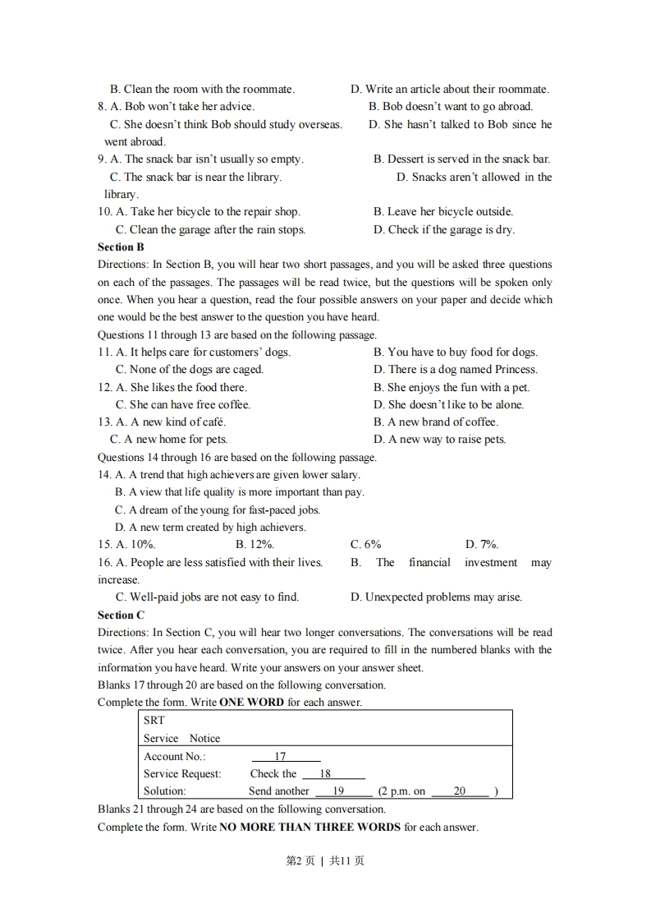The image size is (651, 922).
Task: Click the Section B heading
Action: point(121,247)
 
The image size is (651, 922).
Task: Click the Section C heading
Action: point(121,615)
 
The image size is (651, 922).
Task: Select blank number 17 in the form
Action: point(281,756)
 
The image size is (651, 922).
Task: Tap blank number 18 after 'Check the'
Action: point(325,773)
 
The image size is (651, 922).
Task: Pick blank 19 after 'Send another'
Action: point(338,791)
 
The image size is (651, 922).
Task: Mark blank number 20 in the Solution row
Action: point(460,791)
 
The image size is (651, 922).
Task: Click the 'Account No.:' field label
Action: point(175,756)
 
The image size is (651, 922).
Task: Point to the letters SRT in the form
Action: point(154,720)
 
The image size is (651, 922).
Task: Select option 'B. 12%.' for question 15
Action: point(254,544)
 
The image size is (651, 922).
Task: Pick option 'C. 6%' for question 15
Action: point(365,544)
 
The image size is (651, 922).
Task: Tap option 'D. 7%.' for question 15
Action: point(482,544)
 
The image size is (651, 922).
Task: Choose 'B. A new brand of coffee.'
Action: point(435,422)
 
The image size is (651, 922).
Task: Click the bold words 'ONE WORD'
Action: point(252,703)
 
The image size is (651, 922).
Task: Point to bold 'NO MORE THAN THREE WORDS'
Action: point(310,827)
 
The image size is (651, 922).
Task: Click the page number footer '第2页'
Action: point(300,860)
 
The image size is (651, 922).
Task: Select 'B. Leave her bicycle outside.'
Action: point(442,211)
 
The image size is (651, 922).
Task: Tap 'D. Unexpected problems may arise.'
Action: point(436,597)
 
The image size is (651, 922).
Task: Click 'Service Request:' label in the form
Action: point(182,773)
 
